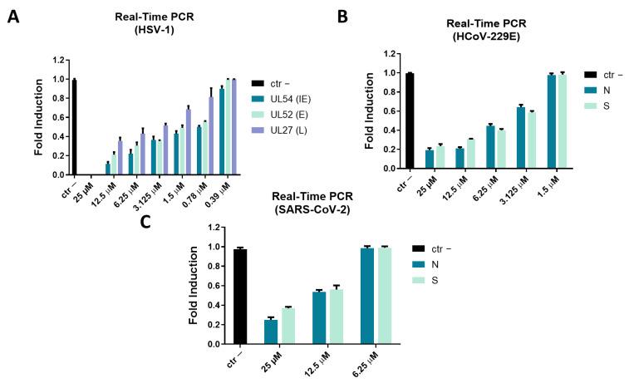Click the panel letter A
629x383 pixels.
pyautogui.click(x=13, y=17)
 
